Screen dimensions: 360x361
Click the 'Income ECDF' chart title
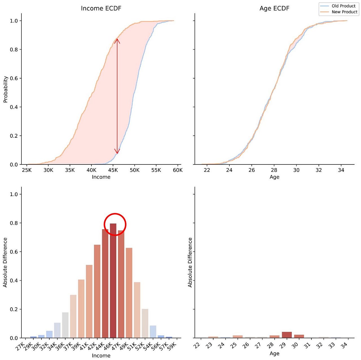point(101,8)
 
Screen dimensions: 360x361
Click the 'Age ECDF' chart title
point(274,8)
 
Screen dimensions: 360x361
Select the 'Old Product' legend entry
point(343,6)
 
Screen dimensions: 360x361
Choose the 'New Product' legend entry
point(344,12)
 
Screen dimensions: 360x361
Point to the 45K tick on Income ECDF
point(113,170)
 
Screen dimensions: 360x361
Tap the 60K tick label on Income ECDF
point(178,170)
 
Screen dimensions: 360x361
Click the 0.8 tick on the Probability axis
point(14,50)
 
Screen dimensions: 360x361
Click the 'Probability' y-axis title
point(5,89)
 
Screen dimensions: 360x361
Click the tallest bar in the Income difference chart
point(113,281)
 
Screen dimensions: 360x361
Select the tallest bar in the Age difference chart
point(287,335)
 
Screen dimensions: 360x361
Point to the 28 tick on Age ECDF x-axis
point(274,170)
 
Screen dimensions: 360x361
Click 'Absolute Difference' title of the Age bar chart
point(190,262)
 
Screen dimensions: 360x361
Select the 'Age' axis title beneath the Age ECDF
point(274,177)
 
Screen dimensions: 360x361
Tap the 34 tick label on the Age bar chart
point(344,345)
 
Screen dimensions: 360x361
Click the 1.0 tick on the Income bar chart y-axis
point(14,194)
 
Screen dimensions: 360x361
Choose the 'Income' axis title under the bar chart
point(101,356)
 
